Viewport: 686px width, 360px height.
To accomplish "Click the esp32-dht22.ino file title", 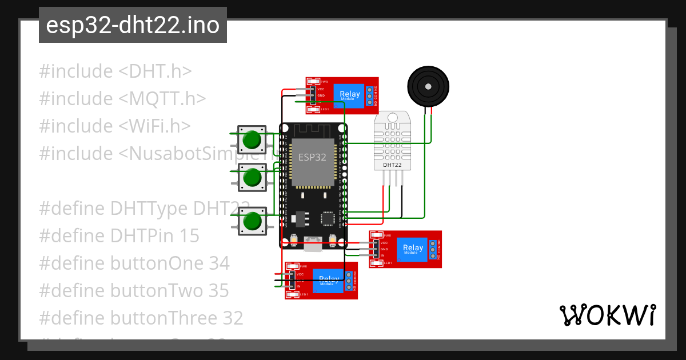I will [x=133, y=26].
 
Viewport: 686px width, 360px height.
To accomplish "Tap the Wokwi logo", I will [x=607, y=315].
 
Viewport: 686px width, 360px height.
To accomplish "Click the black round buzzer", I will [x=428, y=86].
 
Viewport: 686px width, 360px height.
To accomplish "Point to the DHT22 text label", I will [x=392, y=165].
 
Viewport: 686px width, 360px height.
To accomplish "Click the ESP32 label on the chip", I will [x=312, y=157].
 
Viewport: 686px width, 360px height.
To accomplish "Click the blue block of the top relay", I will [x=349, y=95].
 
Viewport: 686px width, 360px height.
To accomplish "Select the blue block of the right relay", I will [x=413, y=249].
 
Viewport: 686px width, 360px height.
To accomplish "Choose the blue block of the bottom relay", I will [x=328, y=280].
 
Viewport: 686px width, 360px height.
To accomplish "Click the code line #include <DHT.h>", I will [x=115, y=71].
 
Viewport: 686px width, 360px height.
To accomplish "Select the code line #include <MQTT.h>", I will [x=122, y=99].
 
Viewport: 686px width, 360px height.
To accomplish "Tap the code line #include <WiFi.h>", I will [x=114, y=126].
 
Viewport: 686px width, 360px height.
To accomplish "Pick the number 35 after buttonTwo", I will [x=217, y=291].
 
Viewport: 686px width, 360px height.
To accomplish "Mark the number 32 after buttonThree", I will [x=232, y=318].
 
